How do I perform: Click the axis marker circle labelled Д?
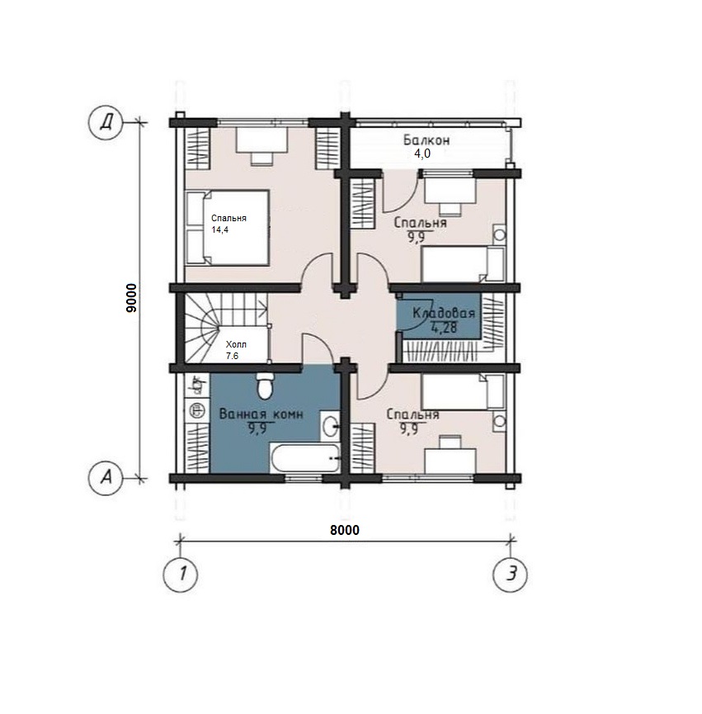click(x=106, y=122)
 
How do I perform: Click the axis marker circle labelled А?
click(x=106, y=478)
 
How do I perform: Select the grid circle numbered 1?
click(x=181, y=574)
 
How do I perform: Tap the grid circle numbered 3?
click(x=511, y=574)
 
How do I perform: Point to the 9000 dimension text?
click(x=131, y=297)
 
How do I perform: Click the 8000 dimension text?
click(x=345, y=530)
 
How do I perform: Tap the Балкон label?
click(x=426, y=139)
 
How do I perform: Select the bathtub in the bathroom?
click(x=304, y=457)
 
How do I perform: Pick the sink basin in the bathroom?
click(x=330, y=426)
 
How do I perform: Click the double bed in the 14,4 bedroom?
click(x=227, y=228)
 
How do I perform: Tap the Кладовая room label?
click(x=444, y=314)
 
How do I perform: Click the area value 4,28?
click(x=444, y=328)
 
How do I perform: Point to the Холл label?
click(x=236, y=345)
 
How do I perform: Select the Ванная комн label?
click(x=261, y=414)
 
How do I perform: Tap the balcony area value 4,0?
click(x=422, y=154)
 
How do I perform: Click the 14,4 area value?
click(x=219, y=229)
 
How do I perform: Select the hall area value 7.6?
click(x=232, y=356)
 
